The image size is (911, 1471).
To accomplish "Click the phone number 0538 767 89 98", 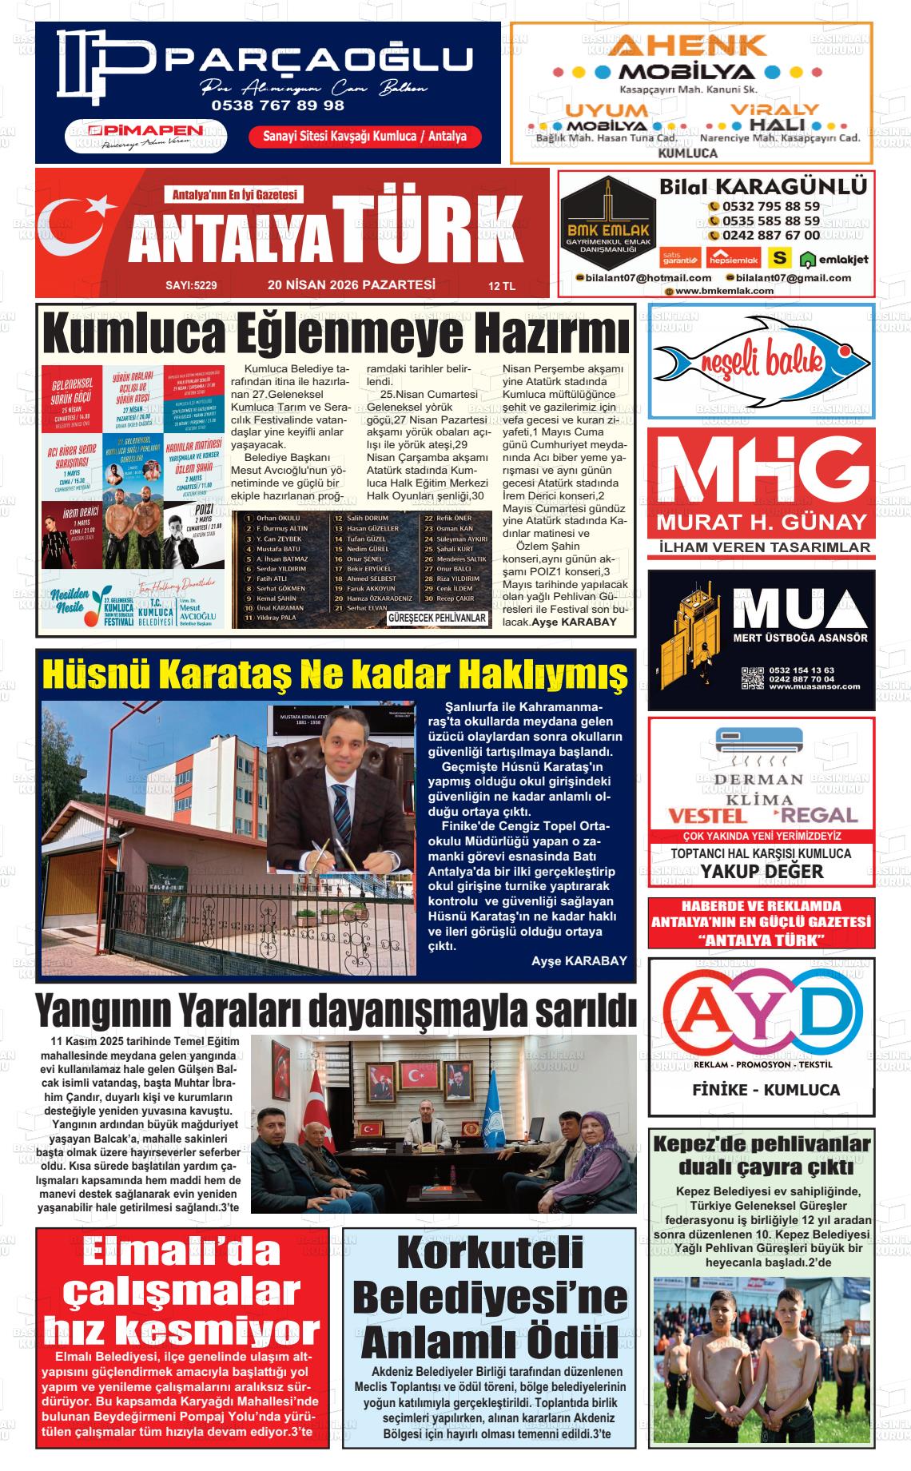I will [x=277, y=105].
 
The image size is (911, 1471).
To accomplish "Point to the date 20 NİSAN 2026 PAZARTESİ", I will [x=351, y=284].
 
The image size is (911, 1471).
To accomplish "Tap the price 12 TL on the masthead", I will [x=502, y=286].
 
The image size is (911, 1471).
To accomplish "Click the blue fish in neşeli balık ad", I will [x=759, y=361].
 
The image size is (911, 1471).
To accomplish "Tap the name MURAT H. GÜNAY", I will [x=762, y=523].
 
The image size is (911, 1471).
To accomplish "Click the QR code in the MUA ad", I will [x=752, y=677].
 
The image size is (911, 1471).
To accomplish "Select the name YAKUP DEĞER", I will [x=762, y=871].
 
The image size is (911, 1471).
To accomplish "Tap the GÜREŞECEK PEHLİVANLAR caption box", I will [x=437, y=618].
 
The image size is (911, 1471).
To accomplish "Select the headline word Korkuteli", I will [x=490, y=1253].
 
